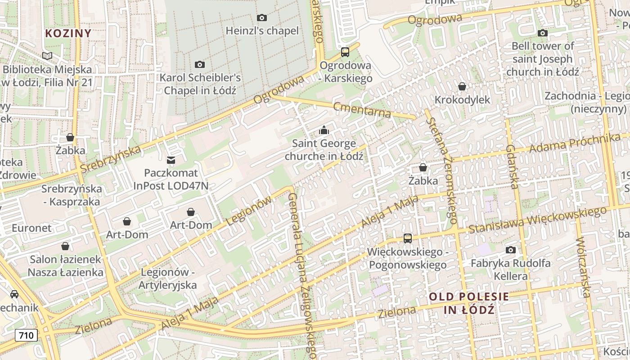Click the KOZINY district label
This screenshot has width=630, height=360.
coord(68,33)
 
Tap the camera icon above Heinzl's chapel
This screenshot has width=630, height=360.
coord(261,18)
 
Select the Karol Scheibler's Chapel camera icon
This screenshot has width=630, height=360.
coord(200,65)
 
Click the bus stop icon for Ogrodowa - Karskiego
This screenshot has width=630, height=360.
coord(345,52)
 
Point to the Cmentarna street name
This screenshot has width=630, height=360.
coord(362,109)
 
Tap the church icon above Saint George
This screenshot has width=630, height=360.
coord(324,130)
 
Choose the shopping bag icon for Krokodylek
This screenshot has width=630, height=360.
coord(462,86)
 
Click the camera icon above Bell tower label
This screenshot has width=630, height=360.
coord(543,33)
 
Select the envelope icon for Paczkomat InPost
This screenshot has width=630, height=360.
coord(171,160)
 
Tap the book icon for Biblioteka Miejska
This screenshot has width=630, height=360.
coord(47,56)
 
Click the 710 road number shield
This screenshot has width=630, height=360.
coord(26,335)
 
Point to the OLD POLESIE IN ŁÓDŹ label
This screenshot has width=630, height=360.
coord(469,303)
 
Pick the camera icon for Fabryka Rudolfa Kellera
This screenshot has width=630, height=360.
coord(510,250)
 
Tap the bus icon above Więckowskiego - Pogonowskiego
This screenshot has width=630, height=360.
coord(408,238)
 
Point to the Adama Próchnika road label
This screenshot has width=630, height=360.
coord(574,144)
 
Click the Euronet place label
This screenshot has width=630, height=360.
coord(31,228)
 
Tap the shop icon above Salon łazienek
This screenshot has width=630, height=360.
coord(65,246)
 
